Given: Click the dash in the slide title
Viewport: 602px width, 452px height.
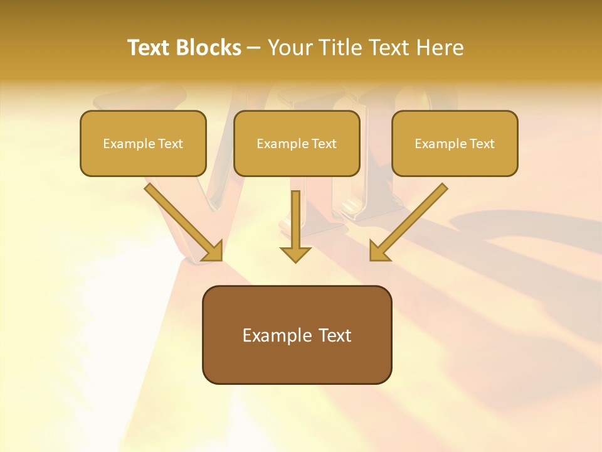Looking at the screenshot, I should (254, 48).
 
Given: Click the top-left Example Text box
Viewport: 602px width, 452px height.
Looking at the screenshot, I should (143, 143).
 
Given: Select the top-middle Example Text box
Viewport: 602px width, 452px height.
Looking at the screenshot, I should (297, 143).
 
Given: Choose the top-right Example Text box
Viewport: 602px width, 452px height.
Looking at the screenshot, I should (455, 143).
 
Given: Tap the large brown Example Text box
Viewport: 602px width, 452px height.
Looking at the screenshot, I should (297, 335).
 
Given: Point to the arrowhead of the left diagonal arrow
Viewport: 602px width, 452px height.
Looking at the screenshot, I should (214, 251).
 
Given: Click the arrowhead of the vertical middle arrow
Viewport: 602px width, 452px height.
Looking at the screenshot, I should (295, 254).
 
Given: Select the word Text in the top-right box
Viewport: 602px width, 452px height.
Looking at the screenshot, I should (482, 144).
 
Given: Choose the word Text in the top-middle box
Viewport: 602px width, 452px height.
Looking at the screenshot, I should (324, 144).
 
